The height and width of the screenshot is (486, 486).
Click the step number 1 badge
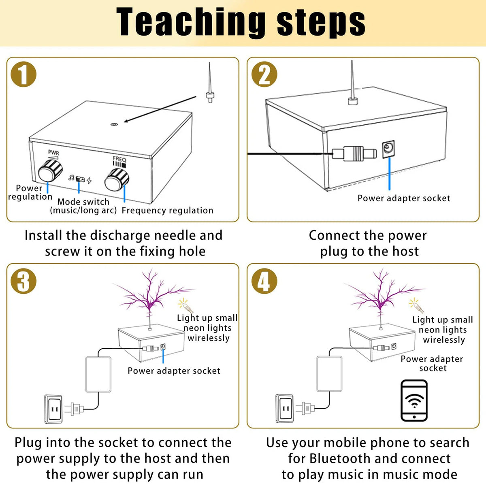coord(23,75)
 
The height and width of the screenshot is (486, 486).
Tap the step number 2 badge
coord(264,75)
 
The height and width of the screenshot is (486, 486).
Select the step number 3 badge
coord(23,281)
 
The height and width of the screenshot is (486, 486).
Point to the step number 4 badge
coord(264,281)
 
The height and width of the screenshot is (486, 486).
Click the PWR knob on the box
coord(49,171)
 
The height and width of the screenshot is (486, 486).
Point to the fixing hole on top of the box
coord(114,125)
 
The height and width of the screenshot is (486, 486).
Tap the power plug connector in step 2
coord(354,153)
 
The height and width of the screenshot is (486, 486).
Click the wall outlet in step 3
coord(53,409)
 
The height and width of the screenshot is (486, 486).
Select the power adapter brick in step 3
coord(98,374)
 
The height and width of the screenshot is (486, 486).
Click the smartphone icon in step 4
coord(414,401)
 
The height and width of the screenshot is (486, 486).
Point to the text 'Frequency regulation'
coord(167,210)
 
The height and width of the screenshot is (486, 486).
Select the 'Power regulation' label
coord(30,192)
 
